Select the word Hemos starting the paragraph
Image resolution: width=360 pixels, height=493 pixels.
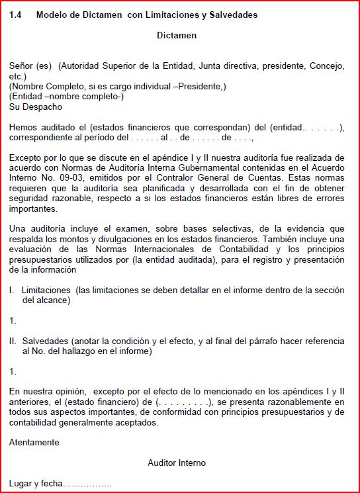(x=24, y=127)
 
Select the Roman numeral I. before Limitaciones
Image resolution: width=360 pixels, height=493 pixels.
(x=12, y=290)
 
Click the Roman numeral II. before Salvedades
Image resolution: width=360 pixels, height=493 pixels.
(x=13, y=340)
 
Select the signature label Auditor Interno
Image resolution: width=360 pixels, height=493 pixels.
(x=177, y=463)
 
